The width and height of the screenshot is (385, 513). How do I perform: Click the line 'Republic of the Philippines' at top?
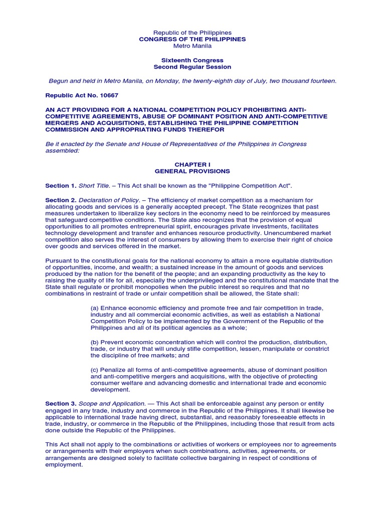pos(192,33)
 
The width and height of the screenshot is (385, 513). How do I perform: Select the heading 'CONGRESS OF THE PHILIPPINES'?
pos(192,39)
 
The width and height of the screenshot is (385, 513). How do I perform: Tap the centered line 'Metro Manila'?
pos(192,46)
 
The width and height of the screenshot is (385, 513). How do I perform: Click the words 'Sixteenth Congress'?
pos(192,60)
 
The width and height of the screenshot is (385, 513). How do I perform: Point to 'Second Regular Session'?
pos(192,67)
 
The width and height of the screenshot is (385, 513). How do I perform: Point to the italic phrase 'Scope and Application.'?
pos(112,403)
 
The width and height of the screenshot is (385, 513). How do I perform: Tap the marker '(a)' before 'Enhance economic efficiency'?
pos(94,307)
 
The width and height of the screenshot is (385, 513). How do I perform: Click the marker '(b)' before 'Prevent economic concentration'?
pos(94,342)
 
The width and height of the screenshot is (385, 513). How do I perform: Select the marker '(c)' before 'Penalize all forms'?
pos(94,370)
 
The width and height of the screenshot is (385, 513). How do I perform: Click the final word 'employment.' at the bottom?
pos(64,464)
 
